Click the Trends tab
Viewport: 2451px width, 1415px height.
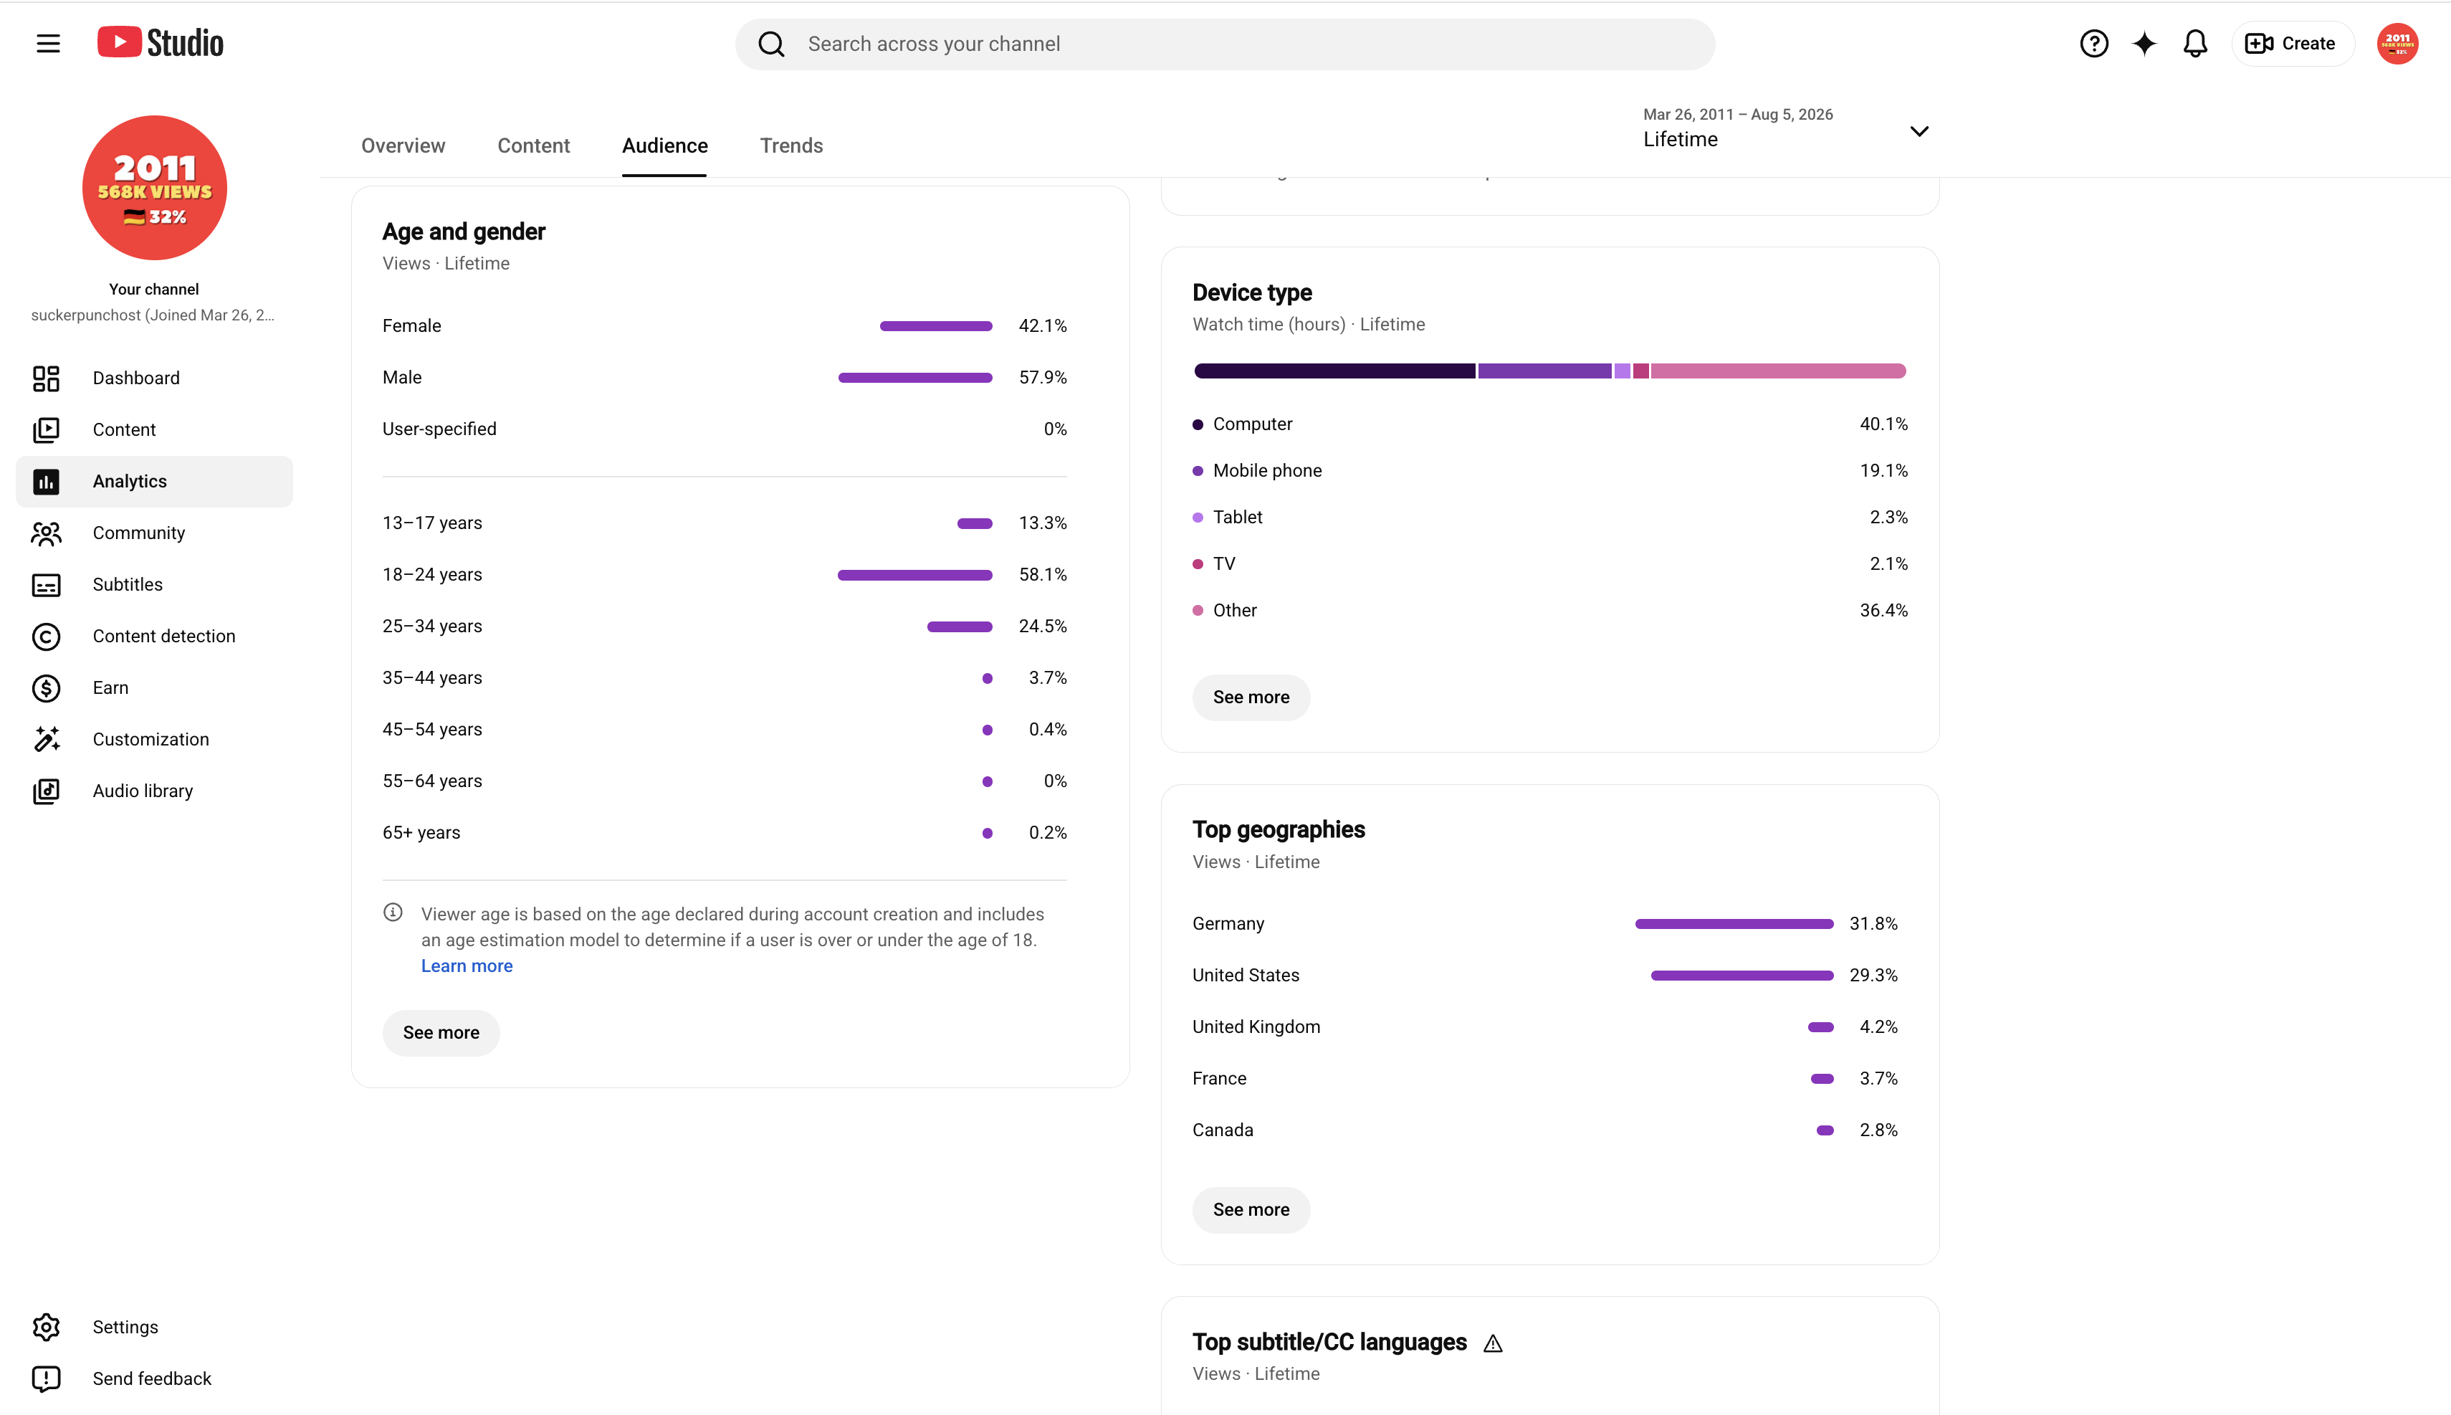[790, 146]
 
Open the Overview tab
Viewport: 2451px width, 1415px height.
[403, 146]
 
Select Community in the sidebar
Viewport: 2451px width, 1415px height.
[139, 533]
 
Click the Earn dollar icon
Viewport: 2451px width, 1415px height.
[46, 688]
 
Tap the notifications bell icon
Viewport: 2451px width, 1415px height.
[2194, 44]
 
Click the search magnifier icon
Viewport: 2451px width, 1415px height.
[771, 44]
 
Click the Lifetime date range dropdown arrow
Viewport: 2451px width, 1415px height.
[1919, 131]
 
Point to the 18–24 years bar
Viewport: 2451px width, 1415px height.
[915, 576]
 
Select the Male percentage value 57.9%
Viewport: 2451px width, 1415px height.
[1042, 377]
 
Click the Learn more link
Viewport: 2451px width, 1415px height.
[467, 966]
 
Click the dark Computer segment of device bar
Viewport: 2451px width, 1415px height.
[1334, 371]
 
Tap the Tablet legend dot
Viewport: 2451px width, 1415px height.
[1198, 517]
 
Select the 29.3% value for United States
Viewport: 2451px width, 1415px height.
[1873, 975]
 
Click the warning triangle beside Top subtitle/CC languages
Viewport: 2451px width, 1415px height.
[1493, 1343]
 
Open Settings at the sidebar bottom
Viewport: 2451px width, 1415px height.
[125, 1327]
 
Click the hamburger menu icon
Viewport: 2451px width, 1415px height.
[47, 44]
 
